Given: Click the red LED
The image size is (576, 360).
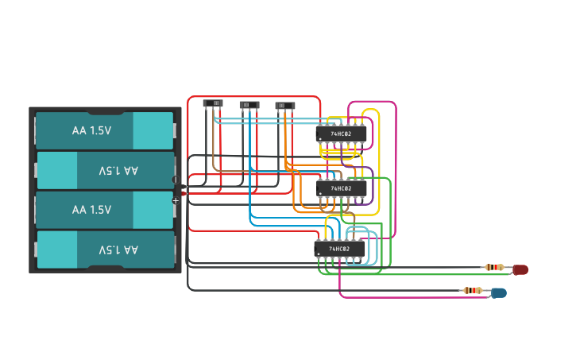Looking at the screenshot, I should (x=520, y=270).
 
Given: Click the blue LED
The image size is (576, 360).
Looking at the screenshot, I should (x=498, y=292).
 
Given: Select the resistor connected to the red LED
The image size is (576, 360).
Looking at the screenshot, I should (x=493, y=267).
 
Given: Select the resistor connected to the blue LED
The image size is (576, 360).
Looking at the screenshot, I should (x=472, y=290).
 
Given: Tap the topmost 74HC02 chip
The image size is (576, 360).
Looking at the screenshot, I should (x=342, y=134).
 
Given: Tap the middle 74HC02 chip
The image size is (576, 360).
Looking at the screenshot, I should (x=342, y=188).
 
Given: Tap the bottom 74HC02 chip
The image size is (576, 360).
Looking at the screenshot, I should (x=340, y=249).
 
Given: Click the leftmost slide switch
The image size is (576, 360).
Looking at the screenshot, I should (x=213, y=103).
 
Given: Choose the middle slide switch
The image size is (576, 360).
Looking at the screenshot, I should (x=249, y=105).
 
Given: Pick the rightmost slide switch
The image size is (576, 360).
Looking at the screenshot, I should (x=285, y=106).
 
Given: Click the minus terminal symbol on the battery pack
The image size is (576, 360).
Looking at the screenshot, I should (x=176, y=180).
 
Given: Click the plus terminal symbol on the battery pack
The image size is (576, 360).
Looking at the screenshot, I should (x=176, y=200).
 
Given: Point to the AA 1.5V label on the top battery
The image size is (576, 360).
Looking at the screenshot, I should (x=91, y=130).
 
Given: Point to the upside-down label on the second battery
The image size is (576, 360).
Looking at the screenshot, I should (x=118, y=170).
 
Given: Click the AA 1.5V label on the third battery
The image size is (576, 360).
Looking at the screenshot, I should (x=91, y=210).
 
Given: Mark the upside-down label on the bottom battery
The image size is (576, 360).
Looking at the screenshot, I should (x=118, y=250).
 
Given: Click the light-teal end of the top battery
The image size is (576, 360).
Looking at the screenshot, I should (x=153, y=130).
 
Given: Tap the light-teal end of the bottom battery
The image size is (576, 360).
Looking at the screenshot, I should (x=57, y=250).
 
